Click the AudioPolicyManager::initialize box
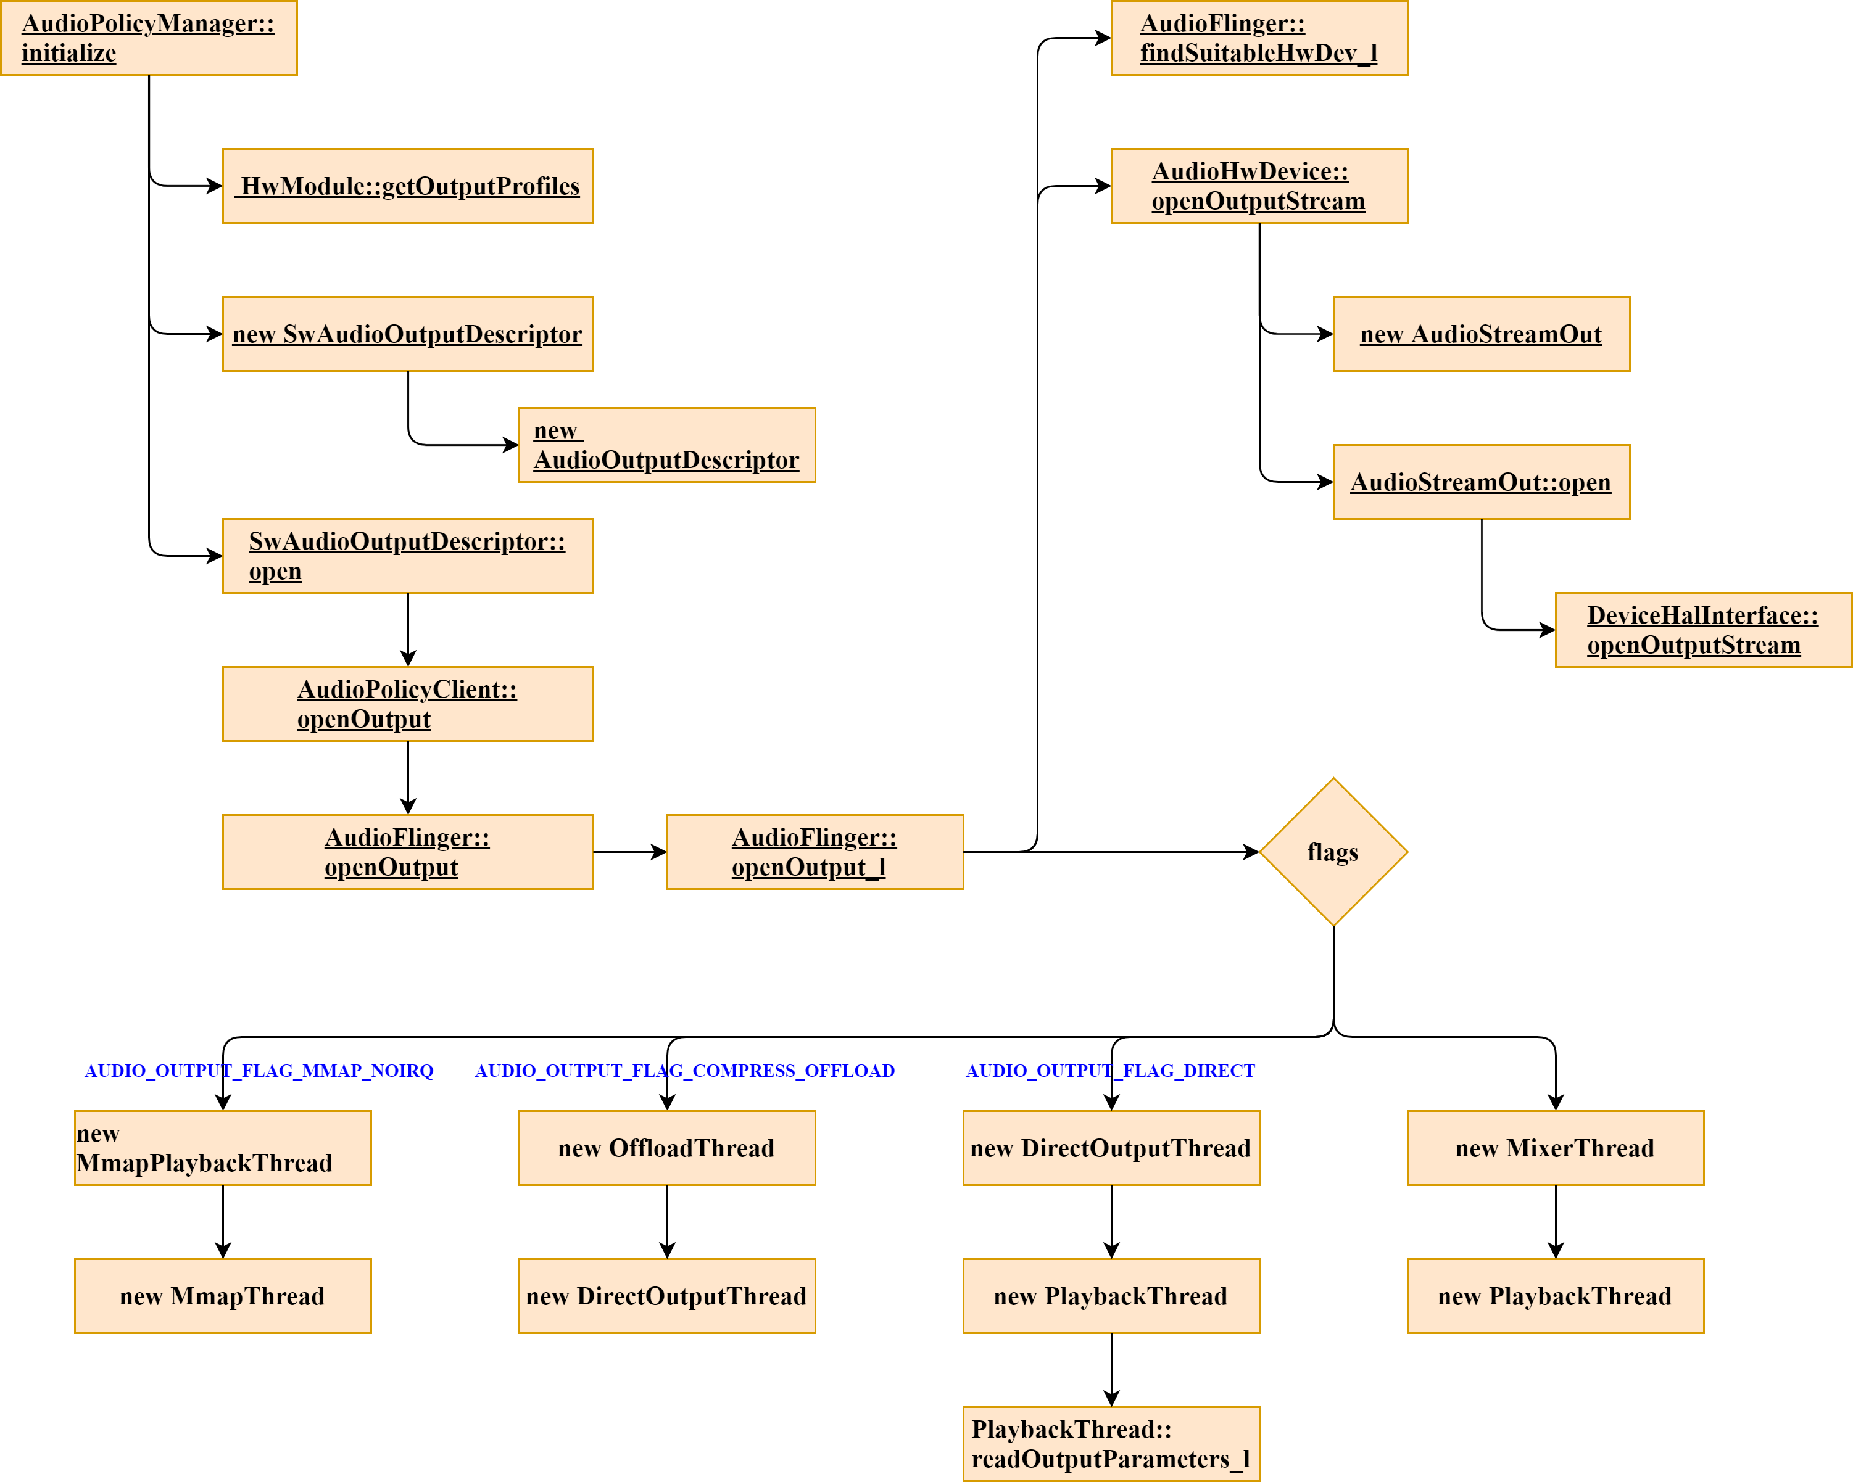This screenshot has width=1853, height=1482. coord(149,38)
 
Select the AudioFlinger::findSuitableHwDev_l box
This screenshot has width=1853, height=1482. coord(1259,38)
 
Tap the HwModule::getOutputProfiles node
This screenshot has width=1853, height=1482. coord(407,186)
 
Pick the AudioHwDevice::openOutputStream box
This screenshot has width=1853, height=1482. coord(1259,186)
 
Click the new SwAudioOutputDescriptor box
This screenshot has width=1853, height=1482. coord(407,334)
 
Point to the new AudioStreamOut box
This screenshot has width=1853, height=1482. coord(1481,334)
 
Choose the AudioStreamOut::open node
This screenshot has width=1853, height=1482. coord(1481,482)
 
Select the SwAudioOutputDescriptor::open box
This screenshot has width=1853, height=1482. coord(407,556)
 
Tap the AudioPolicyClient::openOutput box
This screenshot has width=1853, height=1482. coord(407,704)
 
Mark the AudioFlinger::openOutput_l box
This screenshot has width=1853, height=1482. coord(815,852)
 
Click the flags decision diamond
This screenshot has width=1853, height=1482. coord(1333,852)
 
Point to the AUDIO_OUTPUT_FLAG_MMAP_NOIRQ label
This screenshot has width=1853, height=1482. coord(259,1071)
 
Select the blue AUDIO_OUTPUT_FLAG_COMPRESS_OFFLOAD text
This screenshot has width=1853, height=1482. coord(685,1071)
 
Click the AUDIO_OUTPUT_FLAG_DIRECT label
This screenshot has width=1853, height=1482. coord(1111,1071)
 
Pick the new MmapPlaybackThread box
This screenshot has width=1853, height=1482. coord(223,1148)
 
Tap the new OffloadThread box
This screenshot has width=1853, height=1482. coord(667,1148)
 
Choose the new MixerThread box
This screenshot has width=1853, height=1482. coord(1555,1148)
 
